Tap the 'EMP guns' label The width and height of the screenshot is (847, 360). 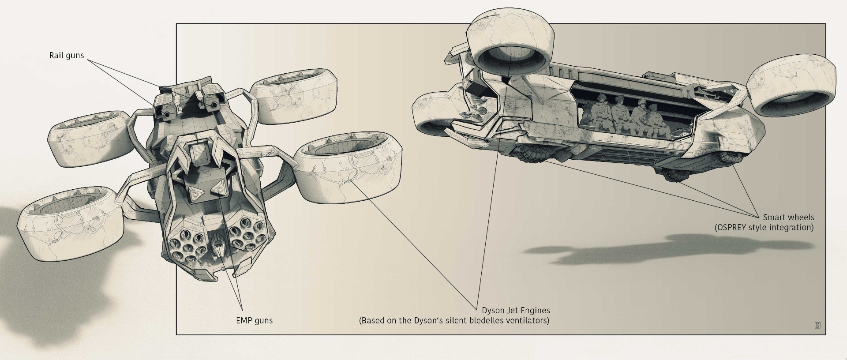pos(254,320)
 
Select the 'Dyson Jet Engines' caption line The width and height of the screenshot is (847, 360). pos(516,310)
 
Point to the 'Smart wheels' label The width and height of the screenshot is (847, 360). pos(788,217)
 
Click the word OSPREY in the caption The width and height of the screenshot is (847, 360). pos(736,228)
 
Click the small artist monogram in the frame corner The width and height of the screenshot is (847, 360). pos(817,326)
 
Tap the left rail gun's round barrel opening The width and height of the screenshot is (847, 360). pos(167,114)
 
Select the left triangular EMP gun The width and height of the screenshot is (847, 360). pos(195,192)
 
